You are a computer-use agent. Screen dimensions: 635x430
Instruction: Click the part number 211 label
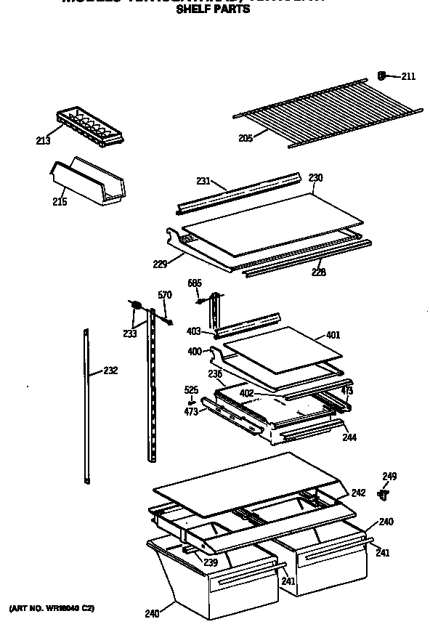[x=408, y=76]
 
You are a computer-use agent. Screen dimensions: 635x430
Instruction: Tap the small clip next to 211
[x=382, y=75]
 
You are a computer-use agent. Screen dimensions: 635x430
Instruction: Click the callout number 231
[x=203, y=182]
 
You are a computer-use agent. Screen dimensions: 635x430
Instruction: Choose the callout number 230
[x=315, y=178]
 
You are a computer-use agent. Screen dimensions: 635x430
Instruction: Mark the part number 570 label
[x=165, y=295]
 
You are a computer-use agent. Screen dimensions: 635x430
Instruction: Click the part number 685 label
[x=195, y=283]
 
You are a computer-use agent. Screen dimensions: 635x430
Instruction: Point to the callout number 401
[x=333, y=335]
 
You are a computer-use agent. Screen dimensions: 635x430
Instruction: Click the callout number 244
[x=349, y=437]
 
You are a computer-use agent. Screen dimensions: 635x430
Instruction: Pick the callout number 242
[x=358, y=493]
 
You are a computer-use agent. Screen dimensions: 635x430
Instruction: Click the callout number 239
[x=211, y=562]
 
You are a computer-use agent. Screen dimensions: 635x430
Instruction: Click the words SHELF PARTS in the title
[x=213, y=9]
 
